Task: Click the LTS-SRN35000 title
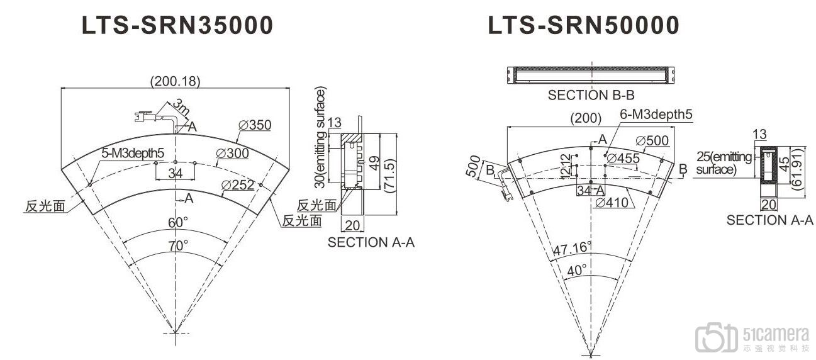point(177,25)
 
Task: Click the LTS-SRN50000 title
point(583,25)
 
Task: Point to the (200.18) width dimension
point(176,81)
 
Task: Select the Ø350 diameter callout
point(255,125)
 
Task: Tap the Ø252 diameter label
point(238,185)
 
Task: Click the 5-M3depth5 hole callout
point(133,153)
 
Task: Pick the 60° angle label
point(178,222)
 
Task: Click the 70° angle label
point(178,246)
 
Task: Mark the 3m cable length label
point(181,106)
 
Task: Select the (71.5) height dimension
point(389,175)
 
